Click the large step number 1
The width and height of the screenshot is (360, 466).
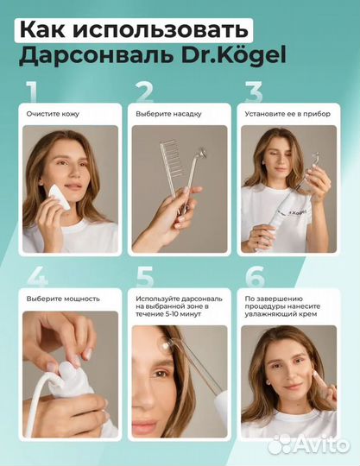tap(32, 91)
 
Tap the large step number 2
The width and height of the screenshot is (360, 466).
tap(144, 91)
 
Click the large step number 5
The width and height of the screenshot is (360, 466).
tap(144, 278)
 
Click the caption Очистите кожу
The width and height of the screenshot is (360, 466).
tap(54, 114)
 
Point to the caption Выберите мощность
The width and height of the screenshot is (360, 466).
tap(63, 299)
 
